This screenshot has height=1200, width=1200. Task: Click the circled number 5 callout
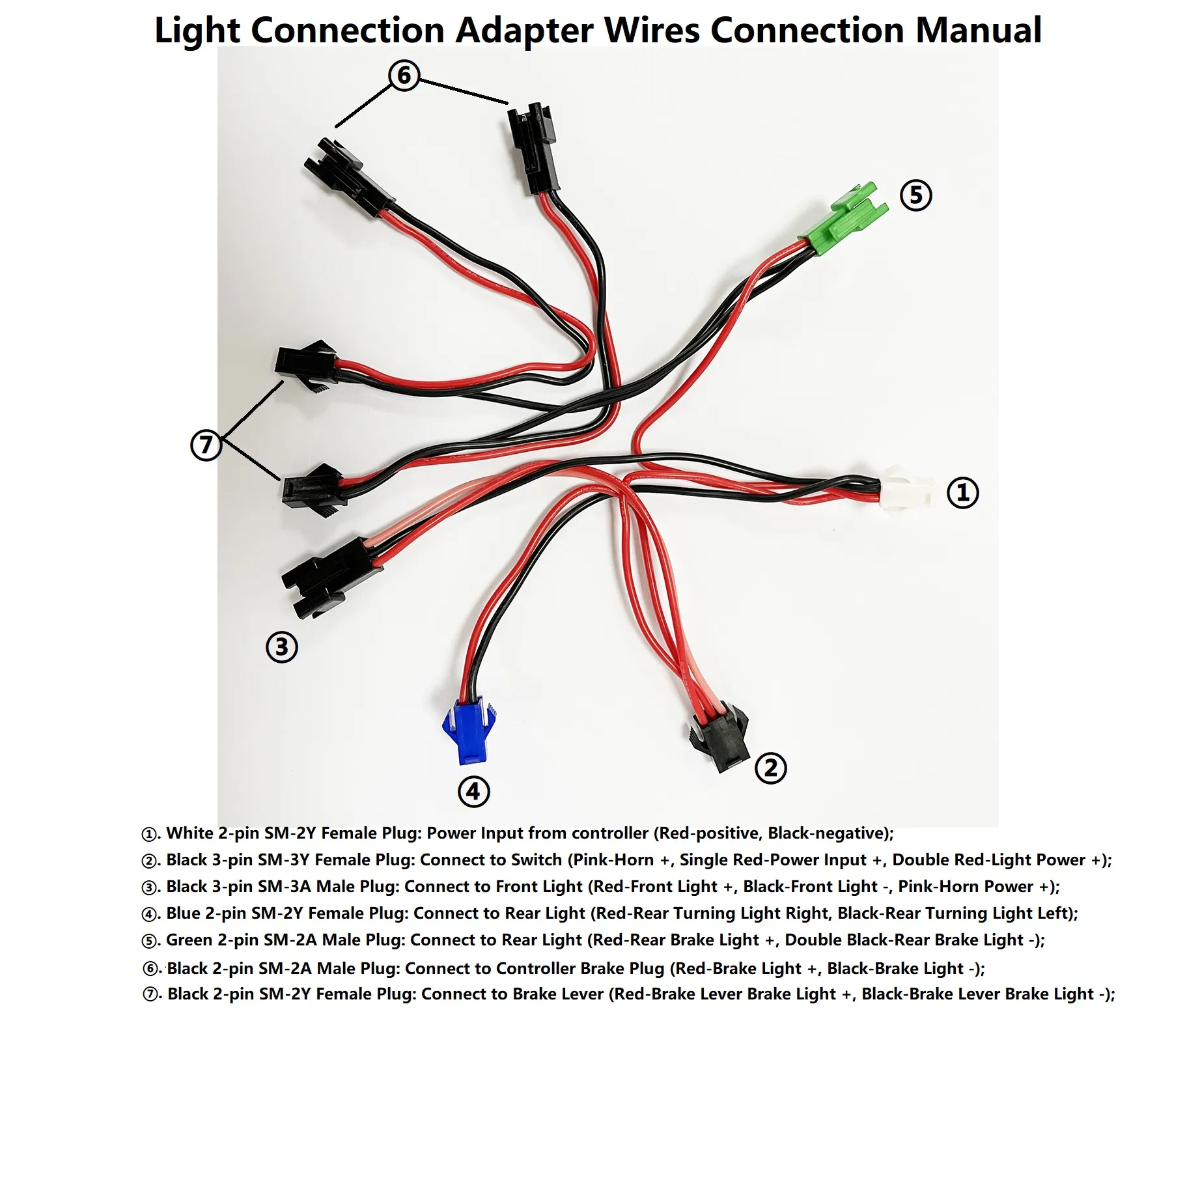click(915, 195)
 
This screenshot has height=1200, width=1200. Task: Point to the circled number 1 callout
click(962, 492)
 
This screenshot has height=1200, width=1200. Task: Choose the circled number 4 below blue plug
click(473, 791)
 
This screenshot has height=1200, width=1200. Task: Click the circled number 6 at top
click(404, 75)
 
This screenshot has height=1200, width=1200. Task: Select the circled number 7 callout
click(206, 445)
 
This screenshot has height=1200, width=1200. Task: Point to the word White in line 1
click(189, 833)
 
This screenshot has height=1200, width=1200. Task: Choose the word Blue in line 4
click(183, 913)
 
